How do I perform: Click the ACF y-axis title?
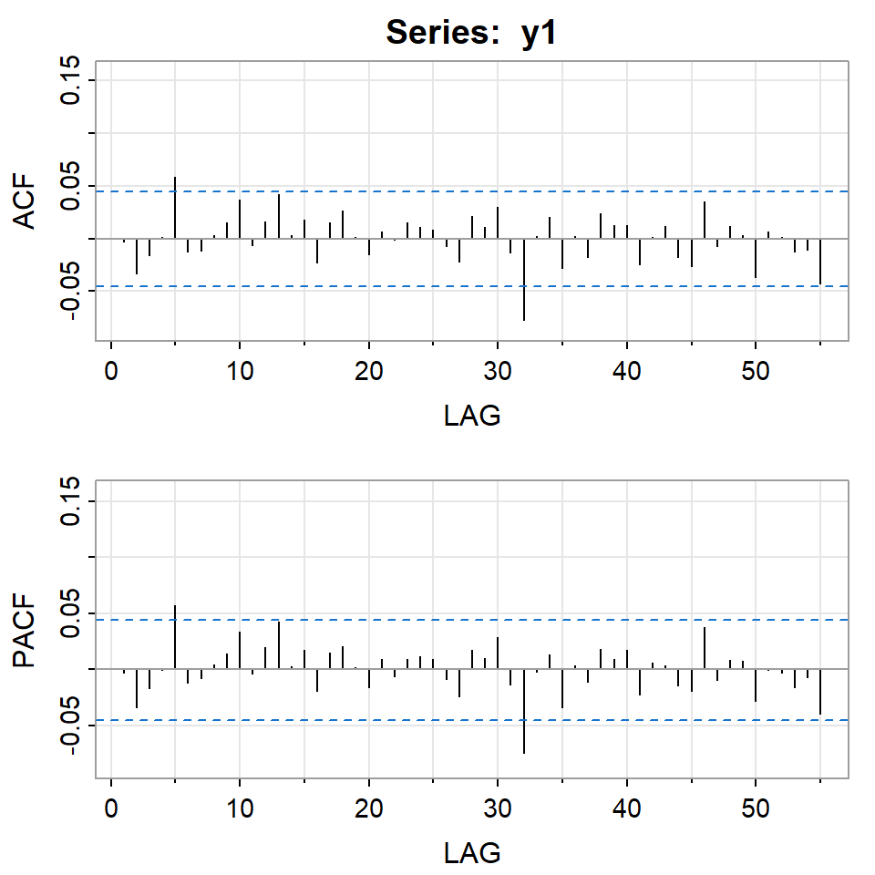(26, 201)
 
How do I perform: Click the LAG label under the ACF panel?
(472, 417)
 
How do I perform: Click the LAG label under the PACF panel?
(472, 853)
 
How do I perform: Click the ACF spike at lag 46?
(705, 220)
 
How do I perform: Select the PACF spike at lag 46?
(705, 648)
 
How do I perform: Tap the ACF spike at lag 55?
(820, 261)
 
